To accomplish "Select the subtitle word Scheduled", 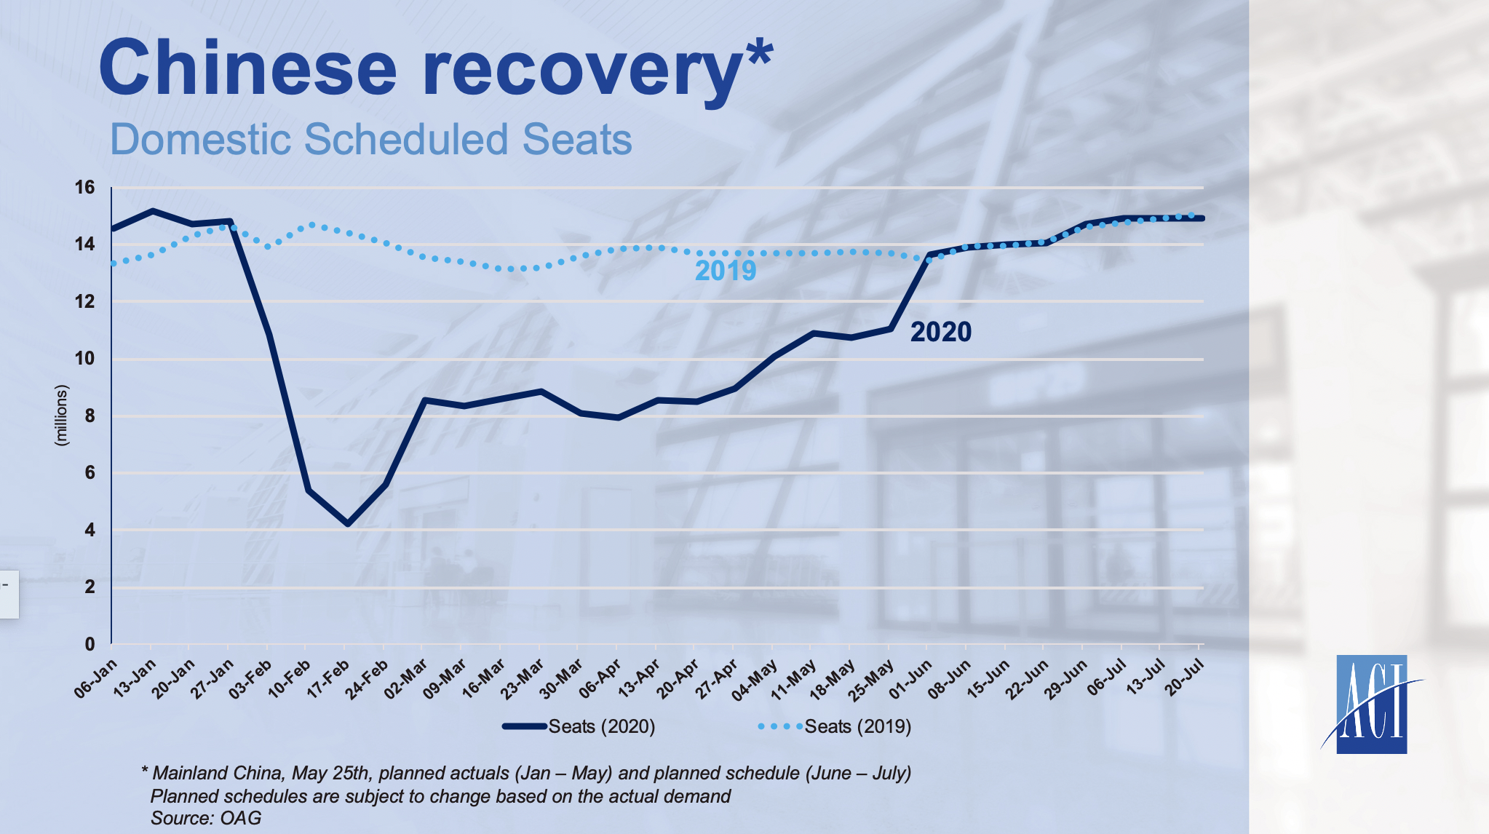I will [x=405, y=139].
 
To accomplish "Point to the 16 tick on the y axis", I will [x=85, y=188].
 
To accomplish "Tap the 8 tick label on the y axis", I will [x=90, y=416].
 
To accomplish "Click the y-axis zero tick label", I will [x=90, y=644].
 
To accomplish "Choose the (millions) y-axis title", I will [x=61, y=416].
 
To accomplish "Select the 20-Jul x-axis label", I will [x=1186, y=679].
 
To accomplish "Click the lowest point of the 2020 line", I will [x=348, y=524].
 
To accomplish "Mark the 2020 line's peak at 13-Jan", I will [x=152, y=211].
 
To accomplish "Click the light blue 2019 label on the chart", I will [x=726, y=271].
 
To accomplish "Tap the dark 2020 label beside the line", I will [x=941, y=332].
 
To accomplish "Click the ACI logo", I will [x=1371, y=704].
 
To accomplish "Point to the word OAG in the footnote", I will [x=241, y=818].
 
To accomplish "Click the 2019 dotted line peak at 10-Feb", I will [x=311, y=225].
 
